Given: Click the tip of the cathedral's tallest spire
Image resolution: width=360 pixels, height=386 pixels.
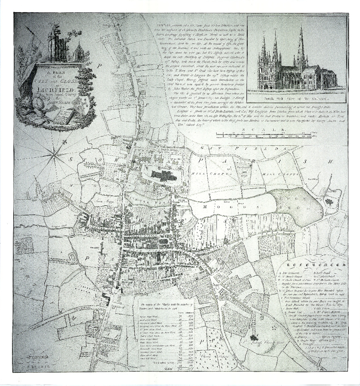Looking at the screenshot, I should [x=301, y=25].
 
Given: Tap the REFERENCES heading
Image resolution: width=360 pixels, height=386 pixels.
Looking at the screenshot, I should [x=316, y=265].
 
